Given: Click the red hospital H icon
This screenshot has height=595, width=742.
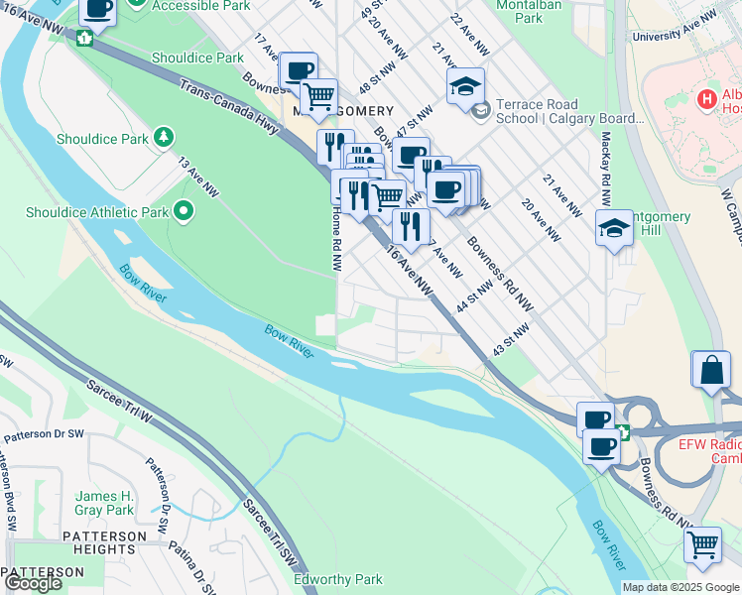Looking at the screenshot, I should pos(706,99).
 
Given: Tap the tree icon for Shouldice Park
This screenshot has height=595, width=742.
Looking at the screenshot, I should pos(163,136).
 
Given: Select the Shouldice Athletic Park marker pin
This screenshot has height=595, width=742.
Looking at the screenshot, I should pos(183,210).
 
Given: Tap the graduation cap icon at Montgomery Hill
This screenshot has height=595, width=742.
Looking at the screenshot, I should pos(614,228).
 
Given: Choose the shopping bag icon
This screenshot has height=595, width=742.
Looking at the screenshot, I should pos(710,370).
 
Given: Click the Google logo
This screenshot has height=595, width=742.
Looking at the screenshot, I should pos(33,583).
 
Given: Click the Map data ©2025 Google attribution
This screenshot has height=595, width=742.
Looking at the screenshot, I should pos(679,587).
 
